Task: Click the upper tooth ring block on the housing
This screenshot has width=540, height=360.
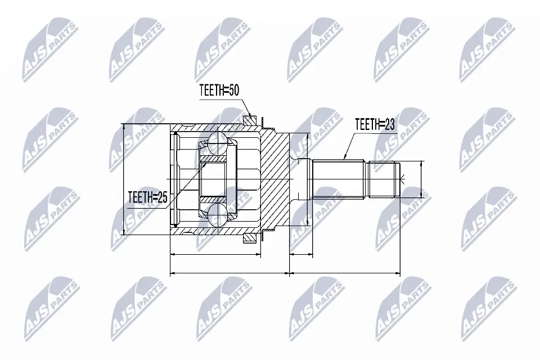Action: click(250, 119)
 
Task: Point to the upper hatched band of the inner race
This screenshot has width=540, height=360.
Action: click(213, 159)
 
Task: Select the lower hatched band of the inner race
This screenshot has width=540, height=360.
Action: click(213, 199)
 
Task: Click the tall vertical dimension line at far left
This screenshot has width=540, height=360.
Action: click(124, 179)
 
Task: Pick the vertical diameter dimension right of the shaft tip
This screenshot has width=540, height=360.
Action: click(421, 179)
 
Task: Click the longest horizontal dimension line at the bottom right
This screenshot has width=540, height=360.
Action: click(344, 274)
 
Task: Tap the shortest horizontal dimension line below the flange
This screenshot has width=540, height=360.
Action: click(301, 254)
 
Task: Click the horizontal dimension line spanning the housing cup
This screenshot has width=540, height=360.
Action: click(215, 254)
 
